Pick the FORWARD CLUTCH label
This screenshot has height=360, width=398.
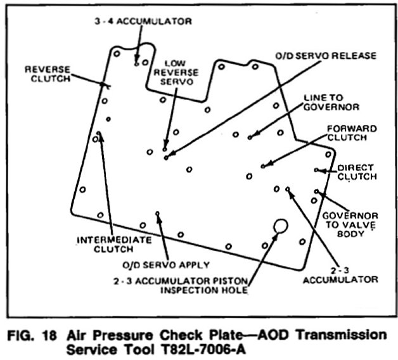tap(352, 133)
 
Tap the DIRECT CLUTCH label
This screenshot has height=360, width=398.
tap(356, 172)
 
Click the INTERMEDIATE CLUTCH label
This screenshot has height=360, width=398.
tap(113, 245)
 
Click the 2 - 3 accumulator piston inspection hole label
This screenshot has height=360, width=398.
tap(194, 286)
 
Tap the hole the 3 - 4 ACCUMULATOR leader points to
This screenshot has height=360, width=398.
tap(137, 63)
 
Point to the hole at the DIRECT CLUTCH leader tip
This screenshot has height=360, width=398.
tap(317, 170)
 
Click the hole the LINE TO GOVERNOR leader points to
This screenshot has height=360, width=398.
tap(250, 137)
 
